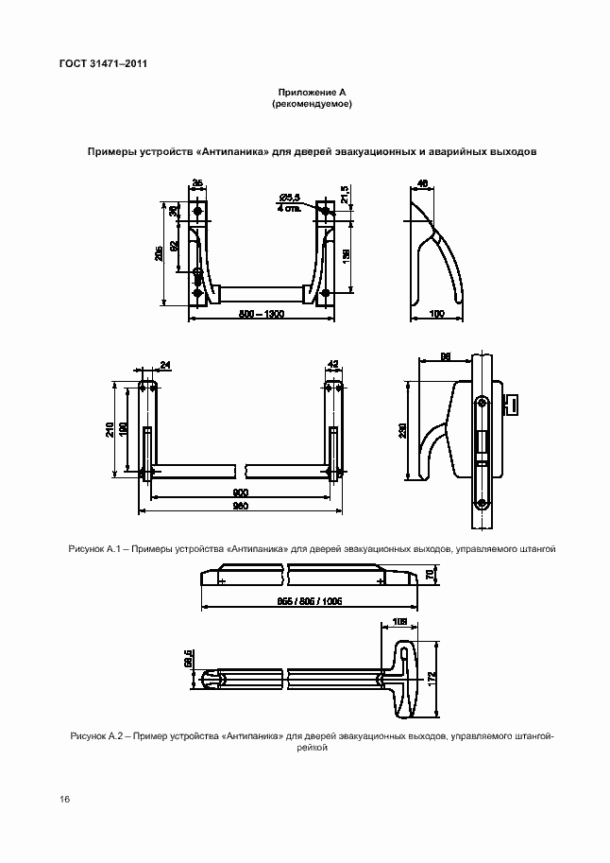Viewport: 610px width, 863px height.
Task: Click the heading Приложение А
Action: (x=313, y=92)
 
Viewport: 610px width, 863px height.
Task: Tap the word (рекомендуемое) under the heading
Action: (x=313, y=104)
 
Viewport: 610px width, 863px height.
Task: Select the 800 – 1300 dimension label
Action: (x=262, y=314)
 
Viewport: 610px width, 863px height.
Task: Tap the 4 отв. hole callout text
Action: (x=289, y=208)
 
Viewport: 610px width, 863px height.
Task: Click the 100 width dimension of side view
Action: (x=436, y=314)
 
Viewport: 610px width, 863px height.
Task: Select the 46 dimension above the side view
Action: (x=423, y=182)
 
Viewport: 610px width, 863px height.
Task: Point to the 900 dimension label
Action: (x=240, y=492)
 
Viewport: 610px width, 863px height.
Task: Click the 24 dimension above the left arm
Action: (x=166, y=364)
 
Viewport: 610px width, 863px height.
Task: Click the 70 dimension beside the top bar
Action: (x=431, y=574)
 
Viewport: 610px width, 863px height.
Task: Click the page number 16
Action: (x=64, y=800)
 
